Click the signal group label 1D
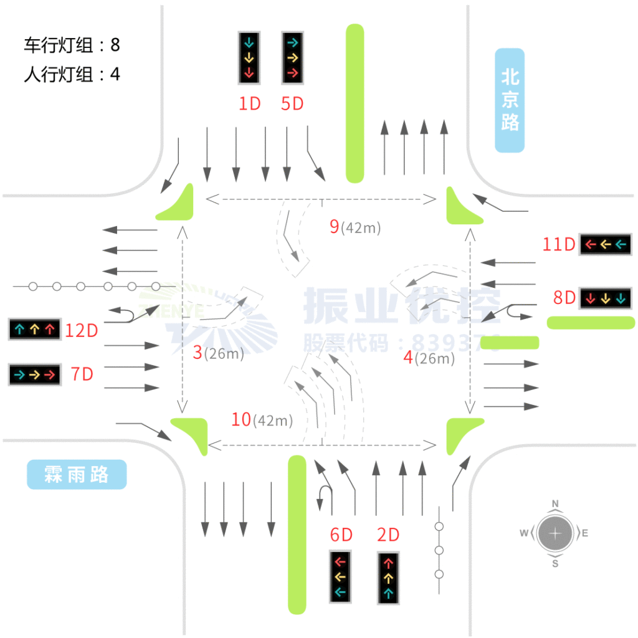tap(250, 104)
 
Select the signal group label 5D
tap(292, 104)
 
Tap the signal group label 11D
tap(558, 244)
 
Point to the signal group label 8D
tap(564, 298)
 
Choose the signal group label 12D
tap(82, 330)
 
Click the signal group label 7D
tap(82, 374)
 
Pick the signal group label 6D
tap(341, 535)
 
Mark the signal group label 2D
tap(388, 535)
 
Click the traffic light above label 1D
tap(249, 58)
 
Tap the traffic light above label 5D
tap(292, 58)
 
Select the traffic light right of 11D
tap(604, 244)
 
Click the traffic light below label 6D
tap(340, 576)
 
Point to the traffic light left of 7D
tap(34, 374)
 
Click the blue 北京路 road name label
tap(510, 100)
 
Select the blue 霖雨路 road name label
tap(77, 475)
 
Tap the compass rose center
tap(555, 533)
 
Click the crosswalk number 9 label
tap(335, 227)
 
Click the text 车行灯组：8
tap(72, 45)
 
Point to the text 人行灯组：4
tap(72, 75)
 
